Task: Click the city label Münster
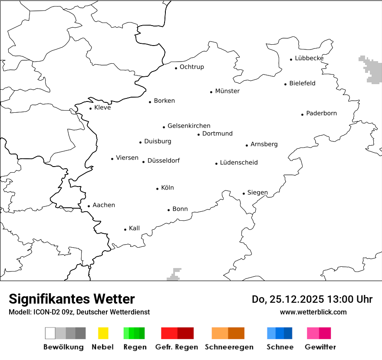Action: (227, 91)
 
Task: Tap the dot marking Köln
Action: (158, 189)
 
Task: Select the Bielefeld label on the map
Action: (302, 83)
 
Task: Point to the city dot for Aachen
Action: (89, 206)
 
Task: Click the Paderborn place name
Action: (321, 113)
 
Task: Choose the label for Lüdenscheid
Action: (239, 163)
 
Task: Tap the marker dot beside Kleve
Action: (91, 108)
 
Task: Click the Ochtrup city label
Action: (191, 67)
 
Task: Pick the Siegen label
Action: (257, 193)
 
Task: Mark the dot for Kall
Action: (125, 229)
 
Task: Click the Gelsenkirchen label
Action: (189, 126)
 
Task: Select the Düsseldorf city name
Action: (163, 160)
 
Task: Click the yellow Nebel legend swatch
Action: (103, 333)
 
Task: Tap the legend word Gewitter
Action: (320, 347)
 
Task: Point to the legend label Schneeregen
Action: (229, 347)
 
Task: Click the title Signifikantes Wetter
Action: (72, 299)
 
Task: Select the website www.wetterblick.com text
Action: (313, 312)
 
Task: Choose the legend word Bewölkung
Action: (63, 347)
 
